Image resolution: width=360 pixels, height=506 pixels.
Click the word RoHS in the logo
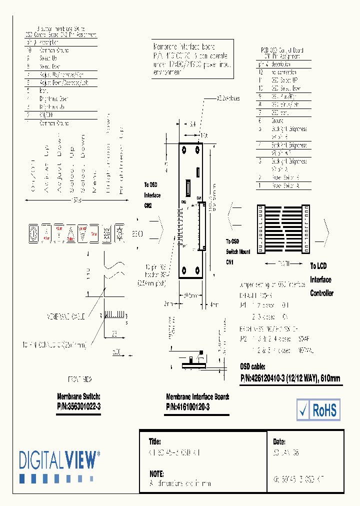click(x=325, y=410)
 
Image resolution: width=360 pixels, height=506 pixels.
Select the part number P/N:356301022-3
click(x=79, y=407)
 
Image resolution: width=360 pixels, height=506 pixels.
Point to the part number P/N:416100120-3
click(x=188, y=407)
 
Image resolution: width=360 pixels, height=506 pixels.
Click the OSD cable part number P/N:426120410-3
click(x=290, y=378)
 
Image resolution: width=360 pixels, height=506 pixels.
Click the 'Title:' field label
click(x=155, y=442)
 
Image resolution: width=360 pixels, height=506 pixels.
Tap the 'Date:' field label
click(x=279, y=442)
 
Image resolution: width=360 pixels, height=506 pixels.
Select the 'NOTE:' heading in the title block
click(x=157, y=473)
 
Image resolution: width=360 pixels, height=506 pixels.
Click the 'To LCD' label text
click(x=318, y=266)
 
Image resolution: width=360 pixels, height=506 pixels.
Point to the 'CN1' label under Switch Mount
click(x=230, y=261)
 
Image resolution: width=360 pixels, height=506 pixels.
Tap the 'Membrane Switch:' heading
click(x=79, y=396)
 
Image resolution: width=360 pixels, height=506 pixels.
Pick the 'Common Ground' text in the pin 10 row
click(x=54, y=50)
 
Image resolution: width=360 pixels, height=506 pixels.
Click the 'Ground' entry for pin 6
click(x=278, y=120)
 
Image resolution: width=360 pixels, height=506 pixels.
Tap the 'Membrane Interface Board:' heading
click(x=197, y=396)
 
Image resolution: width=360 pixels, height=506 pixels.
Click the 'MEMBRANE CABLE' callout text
click(x=66, y=316)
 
